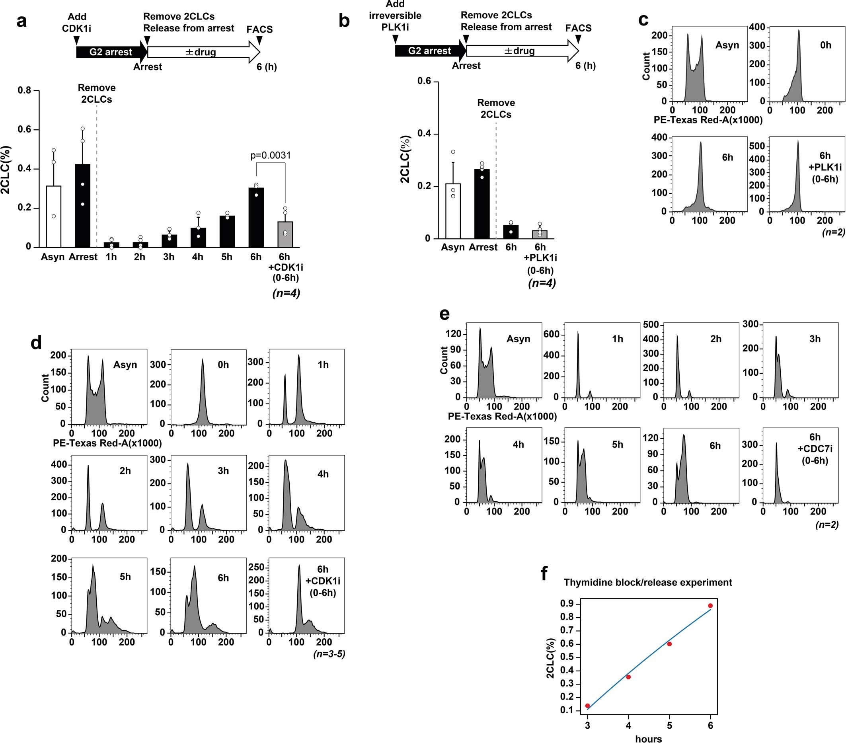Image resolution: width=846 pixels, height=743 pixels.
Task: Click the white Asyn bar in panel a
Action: [54, 216]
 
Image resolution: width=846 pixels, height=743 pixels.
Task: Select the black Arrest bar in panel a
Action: [83, 206]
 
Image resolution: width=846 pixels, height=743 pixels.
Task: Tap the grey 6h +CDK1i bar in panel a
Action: [285, 234]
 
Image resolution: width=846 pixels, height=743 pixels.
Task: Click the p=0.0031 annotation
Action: [271, 156]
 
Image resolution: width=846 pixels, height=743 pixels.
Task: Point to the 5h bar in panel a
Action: [227, 231]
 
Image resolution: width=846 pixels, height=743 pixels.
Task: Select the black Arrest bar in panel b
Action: [482, 204]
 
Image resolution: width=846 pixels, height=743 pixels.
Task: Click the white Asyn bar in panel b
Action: [453, 211]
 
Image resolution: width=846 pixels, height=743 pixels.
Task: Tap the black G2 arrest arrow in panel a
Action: [111, 52]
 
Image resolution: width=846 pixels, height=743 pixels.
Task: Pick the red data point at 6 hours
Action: [710, 606]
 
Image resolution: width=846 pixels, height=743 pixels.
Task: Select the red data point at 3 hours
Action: [587, 706]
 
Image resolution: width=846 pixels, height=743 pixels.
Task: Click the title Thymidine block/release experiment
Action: [648, 582]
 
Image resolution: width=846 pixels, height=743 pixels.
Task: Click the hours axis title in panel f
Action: [648, 739]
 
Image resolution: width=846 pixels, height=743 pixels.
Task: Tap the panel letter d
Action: [37, 343]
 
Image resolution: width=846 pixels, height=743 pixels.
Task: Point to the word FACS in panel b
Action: [578, 28]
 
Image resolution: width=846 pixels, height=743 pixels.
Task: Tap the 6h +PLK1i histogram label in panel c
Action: [825, 167]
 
